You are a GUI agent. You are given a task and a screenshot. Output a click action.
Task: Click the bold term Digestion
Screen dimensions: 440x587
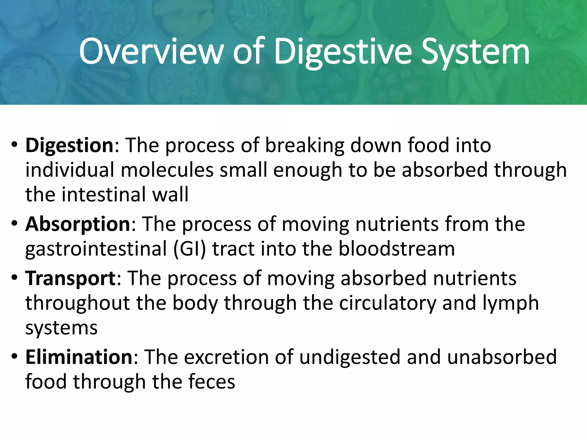70,145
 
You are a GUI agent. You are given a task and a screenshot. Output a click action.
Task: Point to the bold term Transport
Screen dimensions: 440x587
71,278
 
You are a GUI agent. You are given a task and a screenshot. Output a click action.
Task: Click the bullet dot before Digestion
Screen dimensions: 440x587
14,145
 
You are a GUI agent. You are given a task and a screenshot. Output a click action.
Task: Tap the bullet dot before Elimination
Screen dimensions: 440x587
14,357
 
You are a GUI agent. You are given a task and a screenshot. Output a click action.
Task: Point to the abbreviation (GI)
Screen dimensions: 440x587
189,249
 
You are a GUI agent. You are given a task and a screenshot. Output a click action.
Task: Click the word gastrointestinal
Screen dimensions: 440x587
96,249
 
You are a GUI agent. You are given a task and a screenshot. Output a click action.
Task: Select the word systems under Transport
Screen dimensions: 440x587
61,328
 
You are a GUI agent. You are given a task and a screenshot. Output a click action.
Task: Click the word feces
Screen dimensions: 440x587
211,382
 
